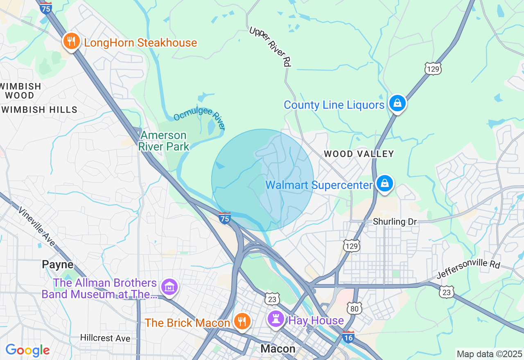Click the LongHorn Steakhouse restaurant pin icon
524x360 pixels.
coord(71,42)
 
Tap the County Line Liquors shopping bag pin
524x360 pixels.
coord(397,103)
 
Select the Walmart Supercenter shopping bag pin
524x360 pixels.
coord(385,184)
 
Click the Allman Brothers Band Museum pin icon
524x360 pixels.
coord(169,287)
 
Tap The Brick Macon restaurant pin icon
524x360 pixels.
coord(242,322)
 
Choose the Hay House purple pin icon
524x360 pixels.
coord(276,319)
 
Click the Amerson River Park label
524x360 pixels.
coord(164,141)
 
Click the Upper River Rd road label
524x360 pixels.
coord(271,46)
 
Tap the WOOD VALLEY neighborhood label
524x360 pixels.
coord(359,154)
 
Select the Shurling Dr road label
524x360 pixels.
coord(395,222)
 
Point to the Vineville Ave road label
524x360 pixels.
coord(36,226)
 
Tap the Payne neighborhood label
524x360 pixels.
coord(57,265)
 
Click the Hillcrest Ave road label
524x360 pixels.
coord(105,338)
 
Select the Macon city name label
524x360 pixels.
coord(278,349)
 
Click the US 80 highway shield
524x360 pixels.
coord(354,308)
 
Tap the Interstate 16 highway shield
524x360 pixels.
coord(348,337)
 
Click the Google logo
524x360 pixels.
coord(27,350)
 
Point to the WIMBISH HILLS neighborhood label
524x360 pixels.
coord(39,110)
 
